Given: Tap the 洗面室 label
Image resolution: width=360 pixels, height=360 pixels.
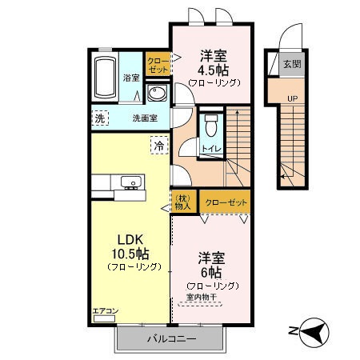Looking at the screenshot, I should (x=145, y=118).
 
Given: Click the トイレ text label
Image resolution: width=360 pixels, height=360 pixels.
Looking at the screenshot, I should (x=211, y=149).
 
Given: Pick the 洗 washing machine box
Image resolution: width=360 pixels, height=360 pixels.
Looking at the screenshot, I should (x=100, y=118).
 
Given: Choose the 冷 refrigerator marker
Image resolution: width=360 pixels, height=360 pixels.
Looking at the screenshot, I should (x=158, y=146).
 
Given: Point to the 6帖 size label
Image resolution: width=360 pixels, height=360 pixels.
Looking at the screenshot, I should (x=212, y=272).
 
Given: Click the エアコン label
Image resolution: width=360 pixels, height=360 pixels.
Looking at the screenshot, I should (x=104, y=310).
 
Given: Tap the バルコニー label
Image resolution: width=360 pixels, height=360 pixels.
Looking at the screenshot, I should (x=170, y=339).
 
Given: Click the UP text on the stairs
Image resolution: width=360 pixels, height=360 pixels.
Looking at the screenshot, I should (x=293, y=98).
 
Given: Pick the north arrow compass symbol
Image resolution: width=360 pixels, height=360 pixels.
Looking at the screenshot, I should (x=310, y=330).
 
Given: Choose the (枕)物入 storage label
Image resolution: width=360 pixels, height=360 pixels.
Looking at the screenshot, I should (x=183, y=202).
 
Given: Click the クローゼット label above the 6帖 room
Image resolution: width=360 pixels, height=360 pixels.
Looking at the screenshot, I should (x=225, y=202).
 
